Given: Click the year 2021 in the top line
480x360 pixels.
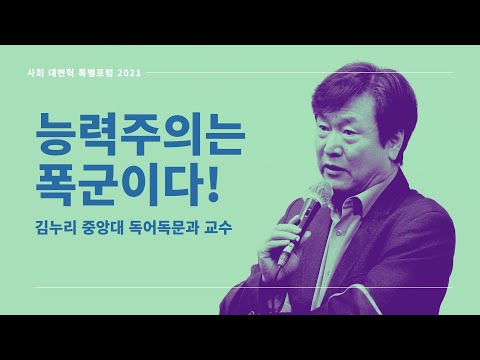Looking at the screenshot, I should click(x=163, y=72).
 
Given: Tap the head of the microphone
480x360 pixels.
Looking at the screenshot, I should click(x=321, y=194).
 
